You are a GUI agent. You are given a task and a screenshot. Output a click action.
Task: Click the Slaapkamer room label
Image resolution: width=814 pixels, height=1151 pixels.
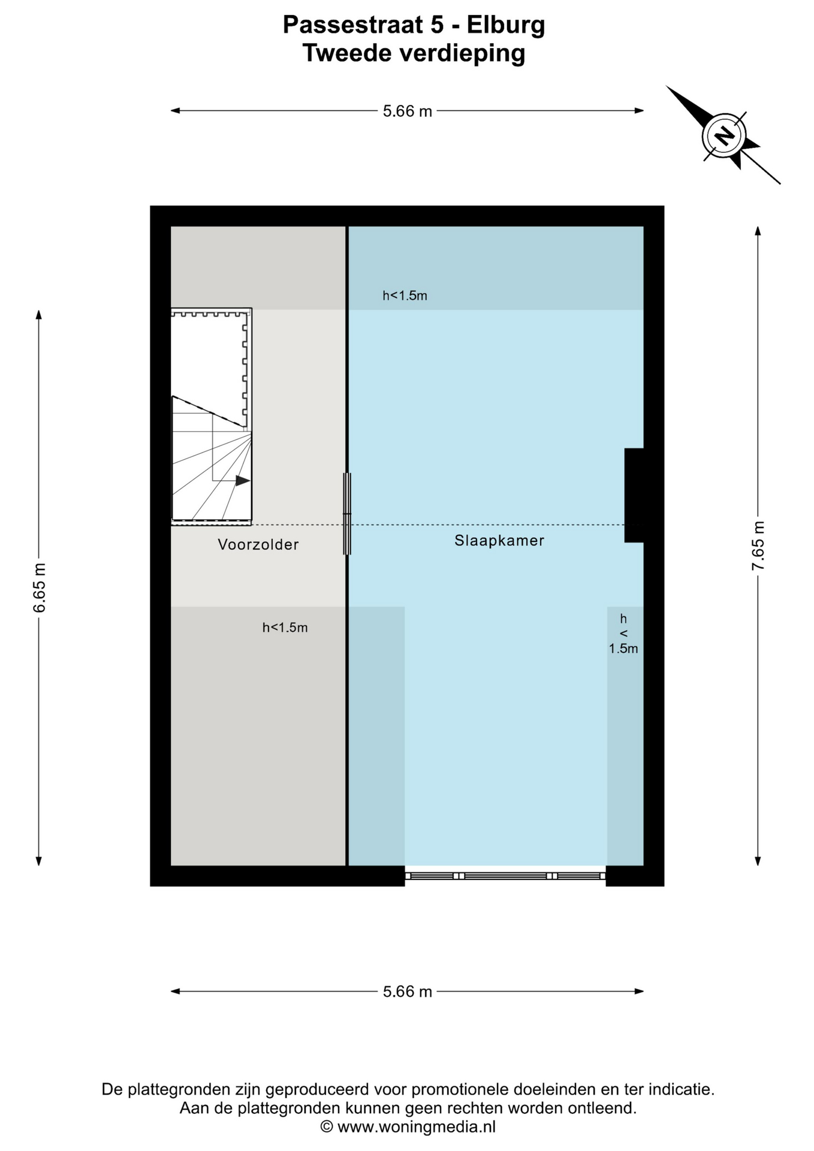pos(499,540)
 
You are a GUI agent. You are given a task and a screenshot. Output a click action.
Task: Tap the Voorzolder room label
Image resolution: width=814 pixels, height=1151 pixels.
pos(258,544)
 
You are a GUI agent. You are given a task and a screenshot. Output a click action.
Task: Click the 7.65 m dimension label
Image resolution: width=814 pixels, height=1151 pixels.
pos(758,546)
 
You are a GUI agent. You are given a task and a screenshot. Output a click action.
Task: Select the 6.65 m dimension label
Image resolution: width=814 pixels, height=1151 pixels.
pos(39,587)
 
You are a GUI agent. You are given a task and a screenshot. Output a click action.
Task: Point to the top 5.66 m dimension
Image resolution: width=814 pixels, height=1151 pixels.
pos(408,111)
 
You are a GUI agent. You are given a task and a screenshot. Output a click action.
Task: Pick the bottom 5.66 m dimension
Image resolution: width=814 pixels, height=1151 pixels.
pos(408,992)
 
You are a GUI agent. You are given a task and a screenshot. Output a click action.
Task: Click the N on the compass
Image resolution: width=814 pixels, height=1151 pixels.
pos(725,136)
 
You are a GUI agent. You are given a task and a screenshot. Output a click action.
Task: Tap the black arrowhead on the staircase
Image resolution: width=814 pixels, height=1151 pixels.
pos(243,481)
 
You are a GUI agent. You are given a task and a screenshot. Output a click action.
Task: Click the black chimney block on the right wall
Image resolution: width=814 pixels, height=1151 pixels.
pos(635,495)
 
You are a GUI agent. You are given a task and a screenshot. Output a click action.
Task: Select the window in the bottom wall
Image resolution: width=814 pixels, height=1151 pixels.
pos(505,876)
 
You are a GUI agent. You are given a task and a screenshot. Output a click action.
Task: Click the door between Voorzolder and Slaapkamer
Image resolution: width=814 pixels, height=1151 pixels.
pos(346,514)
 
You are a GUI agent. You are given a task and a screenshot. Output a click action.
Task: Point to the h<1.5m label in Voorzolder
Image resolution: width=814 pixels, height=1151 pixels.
pos(285,628)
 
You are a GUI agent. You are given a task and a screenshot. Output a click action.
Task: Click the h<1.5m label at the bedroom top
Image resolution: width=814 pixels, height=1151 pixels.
pos(405,296)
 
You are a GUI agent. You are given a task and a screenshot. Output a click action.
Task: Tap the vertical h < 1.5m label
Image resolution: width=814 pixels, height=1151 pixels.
pos(623,634)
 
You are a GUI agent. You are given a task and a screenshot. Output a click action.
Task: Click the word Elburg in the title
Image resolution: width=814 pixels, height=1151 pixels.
pos(506,25)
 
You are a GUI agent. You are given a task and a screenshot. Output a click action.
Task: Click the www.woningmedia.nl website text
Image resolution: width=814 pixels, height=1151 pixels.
pos(417,1127)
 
